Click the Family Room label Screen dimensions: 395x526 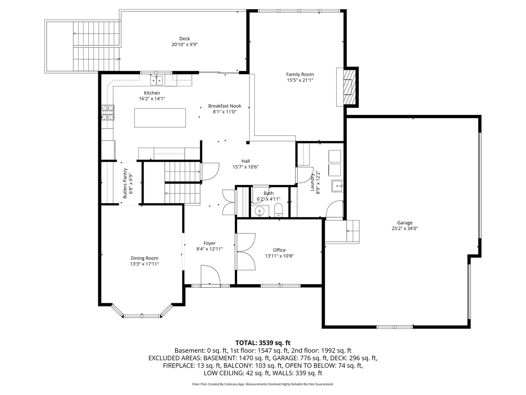coord(300,74)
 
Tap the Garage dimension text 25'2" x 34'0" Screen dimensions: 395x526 coord(405,228)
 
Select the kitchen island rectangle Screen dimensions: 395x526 coord(160,118)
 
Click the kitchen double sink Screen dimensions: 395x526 coord(157,79)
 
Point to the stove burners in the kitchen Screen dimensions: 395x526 coord(107,112)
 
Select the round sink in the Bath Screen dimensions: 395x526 coord(260,211)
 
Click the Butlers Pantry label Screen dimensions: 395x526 coord(125,183)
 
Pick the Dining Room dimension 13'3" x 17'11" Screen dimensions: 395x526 coord(144,264)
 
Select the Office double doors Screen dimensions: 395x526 coord(246,252)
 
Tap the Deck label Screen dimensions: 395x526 coord(184,39)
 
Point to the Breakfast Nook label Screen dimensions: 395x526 coord(225,106)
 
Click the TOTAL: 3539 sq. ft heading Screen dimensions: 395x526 coord(263,343)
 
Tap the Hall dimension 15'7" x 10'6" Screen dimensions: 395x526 coord(245,167)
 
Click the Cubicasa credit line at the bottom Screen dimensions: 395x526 coord(263,384)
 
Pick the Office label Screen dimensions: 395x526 coord(279,250)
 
